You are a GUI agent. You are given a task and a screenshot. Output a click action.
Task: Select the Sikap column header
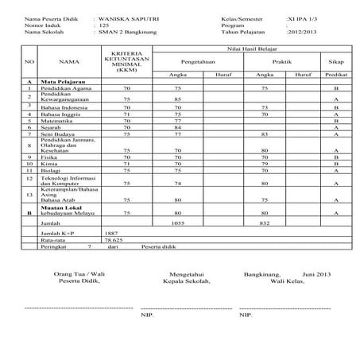(x=336, y=60)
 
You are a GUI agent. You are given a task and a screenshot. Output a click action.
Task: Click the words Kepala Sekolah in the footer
(x=185, y=281)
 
